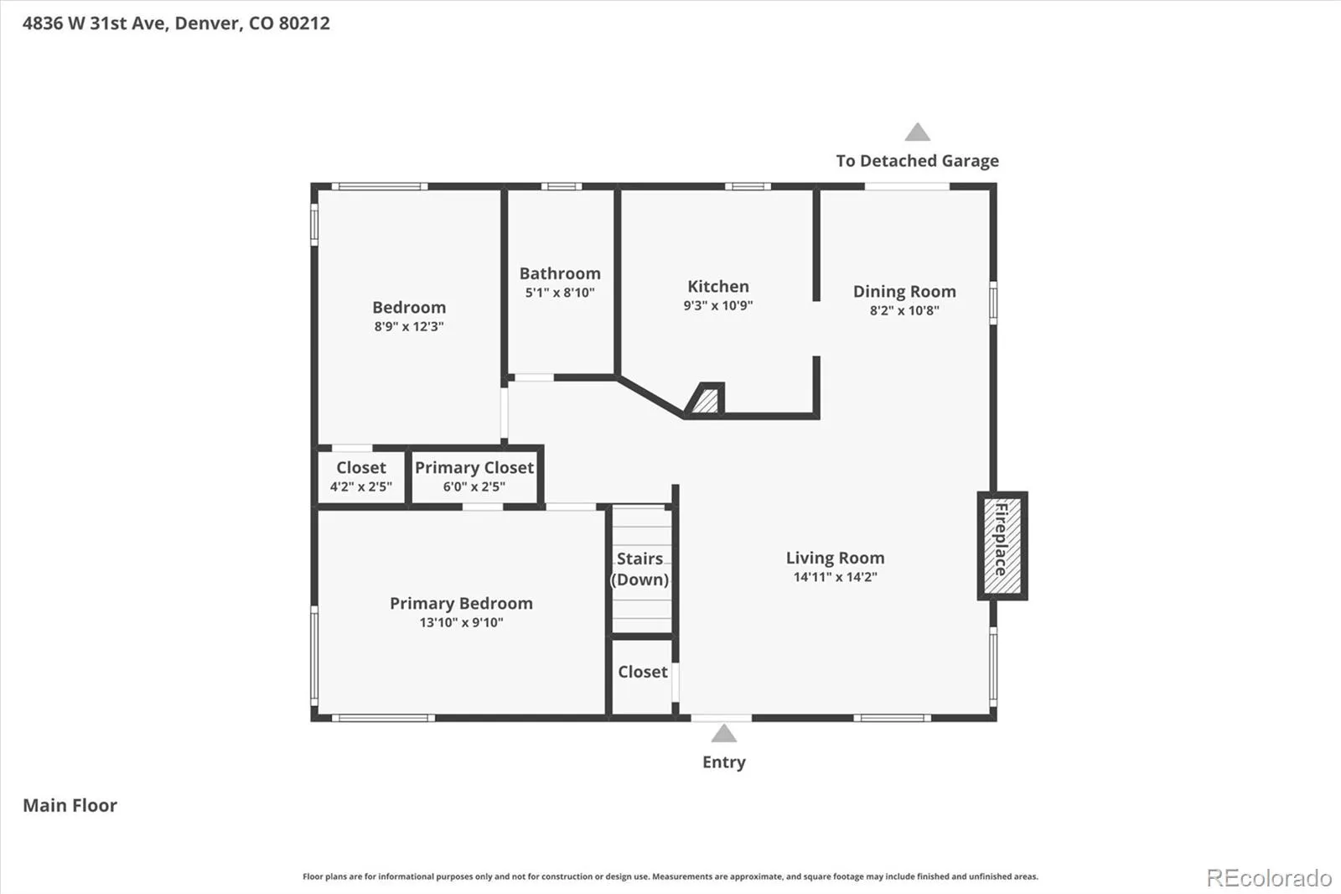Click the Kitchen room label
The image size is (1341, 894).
coord(717,287)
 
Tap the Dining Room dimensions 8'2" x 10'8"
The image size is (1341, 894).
coord(904,310)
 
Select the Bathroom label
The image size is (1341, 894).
coord(560,273)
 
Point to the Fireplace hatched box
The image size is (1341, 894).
coord(1002,546)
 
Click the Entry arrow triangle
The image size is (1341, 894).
coord(724,734)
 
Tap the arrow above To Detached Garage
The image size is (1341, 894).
coord(917,132)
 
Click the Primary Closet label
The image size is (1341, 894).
coord(474,467)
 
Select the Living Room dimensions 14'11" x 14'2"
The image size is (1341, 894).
coord(835,577)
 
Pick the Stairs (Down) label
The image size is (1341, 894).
coord(639,569)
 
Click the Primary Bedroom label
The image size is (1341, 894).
coord(461,603)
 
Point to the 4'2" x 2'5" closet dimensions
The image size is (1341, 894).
coord(361,486)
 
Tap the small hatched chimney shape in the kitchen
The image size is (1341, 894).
coord(704,398)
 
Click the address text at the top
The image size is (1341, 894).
coord(176,23)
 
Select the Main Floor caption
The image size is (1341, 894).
coord(70,805)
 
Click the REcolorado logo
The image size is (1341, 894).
coord(1269,878)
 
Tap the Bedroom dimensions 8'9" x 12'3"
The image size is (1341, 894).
coord(409,326)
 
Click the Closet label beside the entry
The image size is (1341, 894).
coord(642,672)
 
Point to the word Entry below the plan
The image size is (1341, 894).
coord(724,762)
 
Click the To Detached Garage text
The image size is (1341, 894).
coord(917,160)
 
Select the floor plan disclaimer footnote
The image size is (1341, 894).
coord(670,876)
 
